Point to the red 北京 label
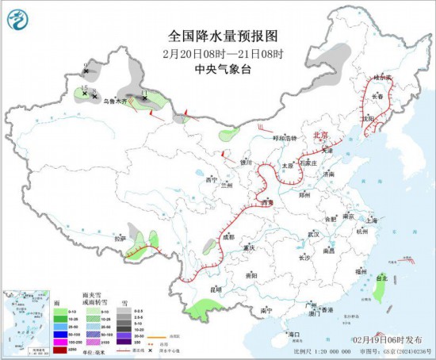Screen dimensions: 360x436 click(321, 135)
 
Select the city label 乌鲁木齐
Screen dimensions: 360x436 click(115, 101)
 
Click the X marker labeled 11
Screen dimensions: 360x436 click(143, 100)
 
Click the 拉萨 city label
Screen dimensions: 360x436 click(120, 238)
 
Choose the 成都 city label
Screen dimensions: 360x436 click(228, 236)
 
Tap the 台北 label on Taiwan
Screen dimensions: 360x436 click(382, 278)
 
